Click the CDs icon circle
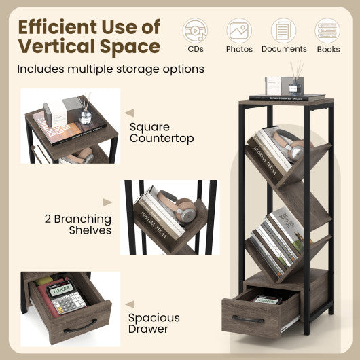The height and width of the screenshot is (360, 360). pos(196,31)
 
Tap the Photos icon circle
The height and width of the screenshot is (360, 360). pos(239,31)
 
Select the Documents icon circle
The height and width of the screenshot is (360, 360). pos(283,31)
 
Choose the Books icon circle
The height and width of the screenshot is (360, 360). pos(327,31)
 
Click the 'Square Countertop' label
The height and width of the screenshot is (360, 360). pos(161,132)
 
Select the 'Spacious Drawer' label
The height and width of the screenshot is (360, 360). pos(154,323)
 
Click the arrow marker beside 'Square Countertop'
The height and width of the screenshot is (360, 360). pos(129,113)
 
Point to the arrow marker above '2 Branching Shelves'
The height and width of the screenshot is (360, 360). pos(107,202)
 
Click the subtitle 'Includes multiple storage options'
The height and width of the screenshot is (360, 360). pos(111,69)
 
